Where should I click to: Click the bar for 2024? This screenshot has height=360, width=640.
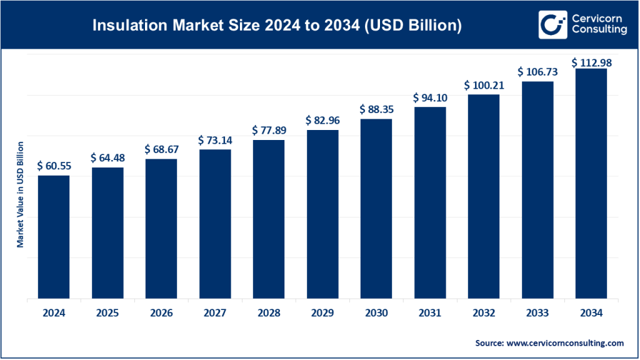coord(53,237)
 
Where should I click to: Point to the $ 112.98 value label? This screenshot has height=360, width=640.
coord(591,62)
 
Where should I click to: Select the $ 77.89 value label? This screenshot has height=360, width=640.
coord(268,130)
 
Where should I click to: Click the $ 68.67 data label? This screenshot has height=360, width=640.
coord(161,149)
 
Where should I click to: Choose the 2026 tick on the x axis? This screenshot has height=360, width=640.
coord(161,313)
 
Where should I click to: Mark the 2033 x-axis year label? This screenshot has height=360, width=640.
coord(537,313)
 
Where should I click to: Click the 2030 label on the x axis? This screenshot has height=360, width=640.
coord(376,313)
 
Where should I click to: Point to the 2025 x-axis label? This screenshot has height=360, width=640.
coord(107,313)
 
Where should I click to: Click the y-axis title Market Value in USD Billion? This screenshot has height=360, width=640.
coord(20,194)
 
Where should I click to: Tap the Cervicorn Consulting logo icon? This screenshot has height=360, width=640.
coord(552,25)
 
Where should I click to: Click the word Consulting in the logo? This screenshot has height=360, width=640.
coord(598,30)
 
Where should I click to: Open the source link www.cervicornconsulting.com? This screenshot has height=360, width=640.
coord(566,343)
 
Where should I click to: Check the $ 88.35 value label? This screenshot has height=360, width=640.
coord(376,109)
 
